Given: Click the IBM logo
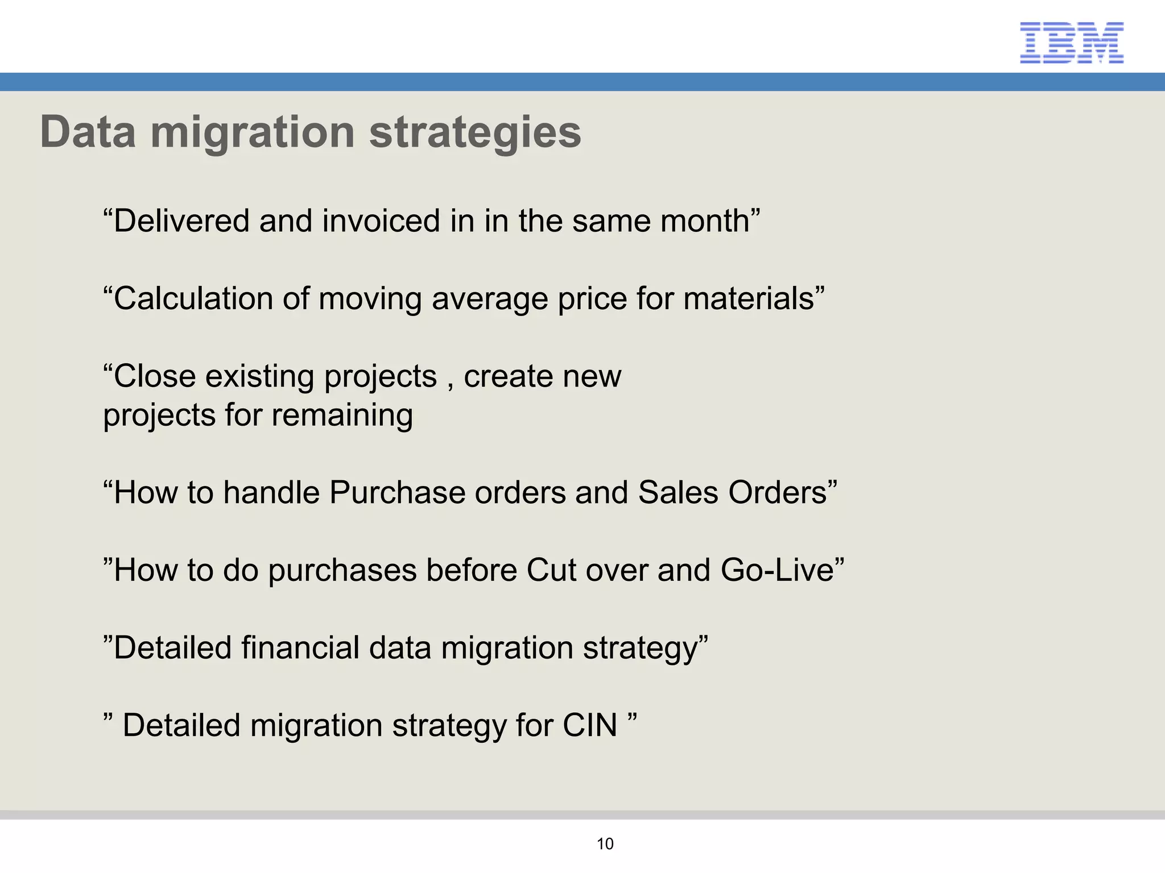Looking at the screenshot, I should [x=1072, y=43].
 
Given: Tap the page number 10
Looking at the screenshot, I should [x=605, y=844].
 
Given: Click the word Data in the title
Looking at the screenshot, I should [x=88, y=132].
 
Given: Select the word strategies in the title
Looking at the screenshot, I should [x=475, y=132].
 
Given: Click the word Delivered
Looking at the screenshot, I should [x=181, y=221].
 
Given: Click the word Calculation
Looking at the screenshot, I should [x=192, y=299].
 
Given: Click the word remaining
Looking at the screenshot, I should [x=342, y=416].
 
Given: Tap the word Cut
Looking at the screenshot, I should [x=551, y=570].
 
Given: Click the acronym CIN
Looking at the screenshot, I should [x=589, y=726].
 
